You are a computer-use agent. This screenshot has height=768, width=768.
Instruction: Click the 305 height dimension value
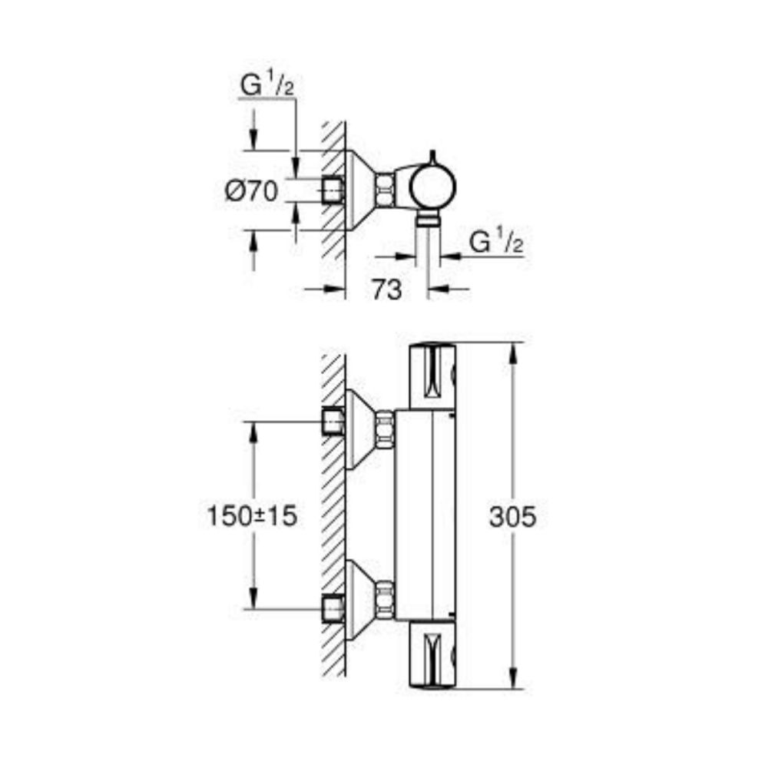point(512,517)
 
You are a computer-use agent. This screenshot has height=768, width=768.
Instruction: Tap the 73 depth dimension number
point(386,290)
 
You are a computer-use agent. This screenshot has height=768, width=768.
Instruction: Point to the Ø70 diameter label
point(251,190)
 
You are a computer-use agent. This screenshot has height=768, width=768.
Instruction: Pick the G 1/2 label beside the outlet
point(496,243)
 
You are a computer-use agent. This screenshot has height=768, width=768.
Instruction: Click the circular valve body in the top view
point(432,186)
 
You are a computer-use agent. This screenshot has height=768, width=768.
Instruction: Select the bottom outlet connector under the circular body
point(428,221)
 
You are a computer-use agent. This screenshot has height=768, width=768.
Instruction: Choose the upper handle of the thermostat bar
point(432,376)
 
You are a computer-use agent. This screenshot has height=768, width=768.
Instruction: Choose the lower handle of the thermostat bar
point(432,653)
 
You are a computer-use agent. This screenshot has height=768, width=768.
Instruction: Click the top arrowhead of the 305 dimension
point(512,349)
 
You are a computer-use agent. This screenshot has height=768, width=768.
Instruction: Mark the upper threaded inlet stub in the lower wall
point(333,421)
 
